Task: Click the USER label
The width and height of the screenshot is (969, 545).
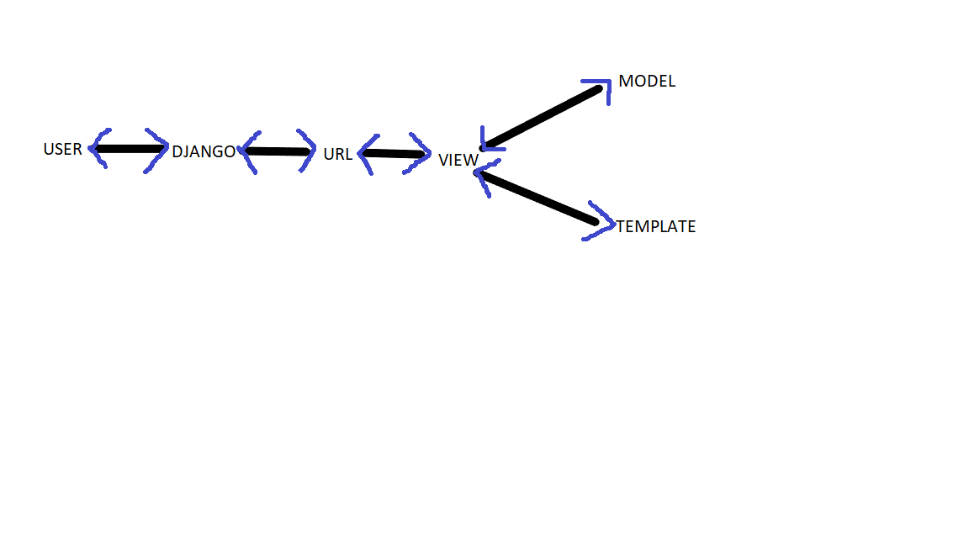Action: tap(63, 150)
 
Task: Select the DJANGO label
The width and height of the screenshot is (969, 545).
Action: tap(204, 152)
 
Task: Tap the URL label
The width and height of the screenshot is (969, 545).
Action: tap(337, 155)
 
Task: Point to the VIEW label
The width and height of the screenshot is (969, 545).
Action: tap(458, 160)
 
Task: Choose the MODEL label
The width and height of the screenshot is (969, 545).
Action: tap(647, 82)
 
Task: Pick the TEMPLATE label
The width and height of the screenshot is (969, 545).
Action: tap(656, 227)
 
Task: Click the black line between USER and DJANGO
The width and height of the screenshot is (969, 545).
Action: tap(130, 149)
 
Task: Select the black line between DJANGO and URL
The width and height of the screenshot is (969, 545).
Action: tap(276, 151)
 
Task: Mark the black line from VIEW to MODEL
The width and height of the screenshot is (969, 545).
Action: tap(543, 117)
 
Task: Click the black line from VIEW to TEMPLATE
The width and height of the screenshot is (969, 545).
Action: tap(538, 198)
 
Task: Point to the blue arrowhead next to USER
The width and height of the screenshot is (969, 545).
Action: tap(98, 149)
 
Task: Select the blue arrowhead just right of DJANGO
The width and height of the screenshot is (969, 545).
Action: tap(249, 151)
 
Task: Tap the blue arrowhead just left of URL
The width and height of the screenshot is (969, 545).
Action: tap(306, 151)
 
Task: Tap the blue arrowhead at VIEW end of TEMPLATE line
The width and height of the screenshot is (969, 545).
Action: tap(484, 175)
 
